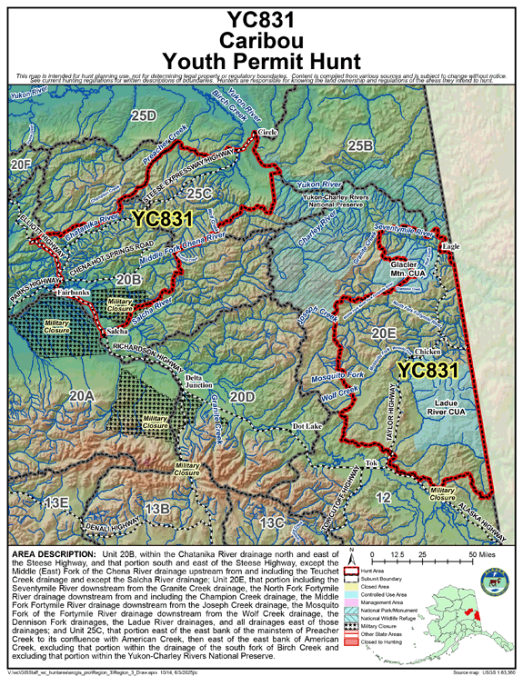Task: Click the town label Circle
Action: click(x=267, y=132)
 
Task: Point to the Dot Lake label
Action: click(x=308, y=425)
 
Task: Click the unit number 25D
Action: click(x=143, y=115)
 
